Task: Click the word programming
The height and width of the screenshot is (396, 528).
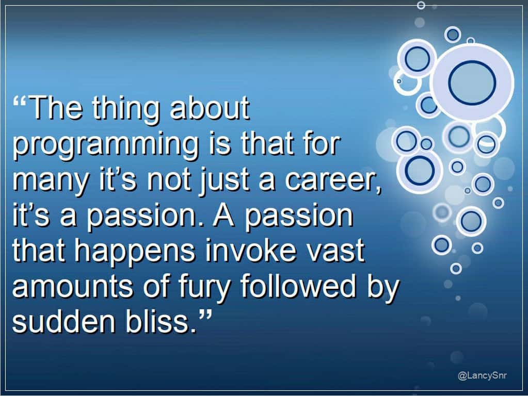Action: [x=106, y=145]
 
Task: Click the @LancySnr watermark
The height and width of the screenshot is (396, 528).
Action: [x=482, y=375]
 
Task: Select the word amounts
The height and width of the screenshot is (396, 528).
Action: [x=72, y=286]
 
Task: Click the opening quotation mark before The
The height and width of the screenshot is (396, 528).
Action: [x=20, y=100]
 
